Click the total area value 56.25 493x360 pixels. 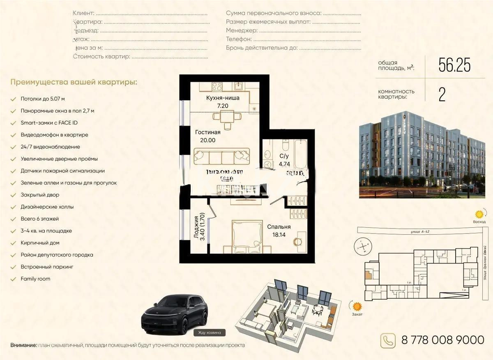(x=454, y=65)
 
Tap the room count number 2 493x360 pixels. (x=442, y=95)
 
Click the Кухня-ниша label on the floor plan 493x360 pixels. (x=223, y=98)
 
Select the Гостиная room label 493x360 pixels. (x=208, y=132)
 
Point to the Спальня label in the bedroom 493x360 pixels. (x=279, y=227)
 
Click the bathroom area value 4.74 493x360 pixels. (x=284, y=164)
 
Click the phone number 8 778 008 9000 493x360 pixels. (x=442, y=340)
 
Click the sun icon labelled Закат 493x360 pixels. (x=357, y=306)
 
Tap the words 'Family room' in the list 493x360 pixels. (x=35, y=279)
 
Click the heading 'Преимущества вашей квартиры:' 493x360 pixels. (x=74, y=82)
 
